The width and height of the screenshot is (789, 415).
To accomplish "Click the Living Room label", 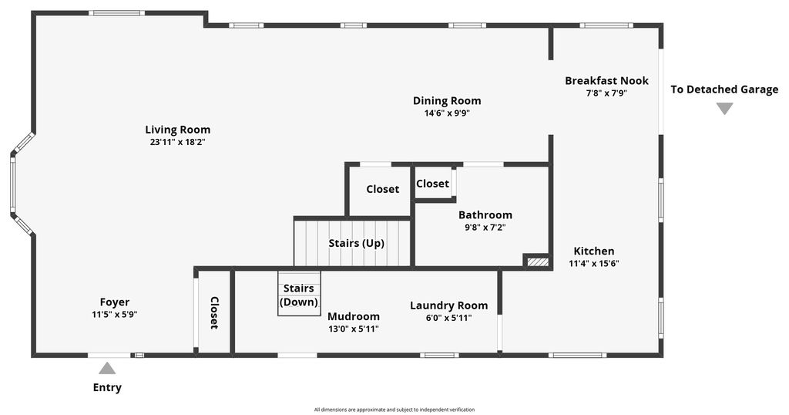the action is coord(178,130).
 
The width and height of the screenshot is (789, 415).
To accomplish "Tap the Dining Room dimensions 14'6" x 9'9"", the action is coord(447,113).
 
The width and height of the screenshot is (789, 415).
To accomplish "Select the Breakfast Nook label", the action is coord(606,80).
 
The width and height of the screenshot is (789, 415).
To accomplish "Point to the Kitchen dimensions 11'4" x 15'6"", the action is coord(594,263).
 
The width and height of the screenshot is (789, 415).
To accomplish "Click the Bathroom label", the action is coord(485,215).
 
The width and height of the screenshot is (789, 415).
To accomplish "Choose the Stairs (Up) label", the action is coord(356,243).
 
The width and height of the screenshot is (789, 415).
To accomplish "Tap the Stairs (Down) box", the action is coord(299,294).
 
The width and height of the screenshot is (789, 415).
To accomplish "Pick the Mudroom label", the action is coord(353,317).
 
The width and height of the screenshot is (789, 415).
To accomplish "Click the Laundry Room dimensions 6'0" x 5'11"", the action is coord(449,318).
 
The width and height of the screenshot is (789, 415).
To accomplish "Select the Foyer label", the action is coord(114,302).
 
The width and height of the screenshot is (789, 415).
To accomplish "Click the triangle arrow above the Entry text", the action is coord(107,369).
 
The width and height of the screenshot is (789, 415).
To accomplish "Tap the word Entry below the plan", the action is coord(107,388).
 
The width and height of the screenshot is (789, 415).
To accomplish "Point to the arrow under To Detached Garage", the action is coord(724,109).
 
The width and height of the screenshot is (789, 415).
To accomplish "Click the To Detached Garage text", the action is coord(724,89).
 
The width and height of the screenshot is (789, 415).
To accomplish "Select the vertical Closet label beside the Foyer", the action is coord(214,312).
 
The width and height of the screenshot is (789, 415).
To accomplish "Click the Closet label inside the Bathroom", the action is coord(432,184).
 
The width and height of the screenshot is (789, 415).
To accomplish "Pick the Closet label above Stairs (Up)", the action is coord(382,189).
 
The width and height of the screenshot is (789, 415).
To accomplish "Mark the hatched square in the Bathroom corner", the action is coord(537,262).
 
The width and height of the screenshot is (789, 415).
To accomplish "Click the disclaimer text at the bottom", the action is coord(394,410).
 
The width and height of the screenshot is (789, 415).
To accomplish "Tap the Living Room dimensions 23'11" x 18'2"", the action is coord(178,142).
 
